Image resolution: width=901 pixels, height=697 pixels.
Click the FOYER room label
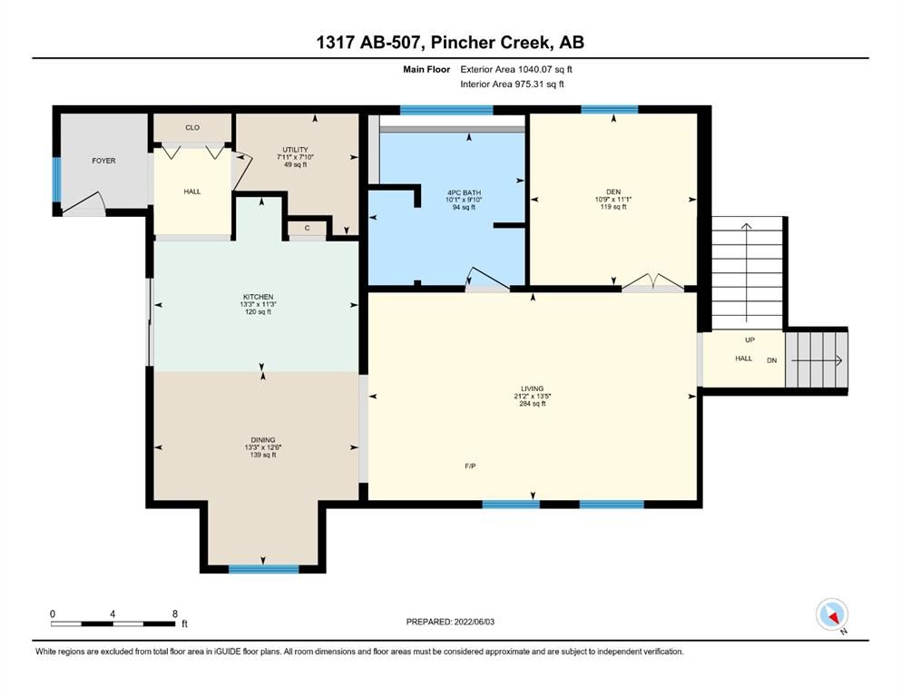(x=103, y=161)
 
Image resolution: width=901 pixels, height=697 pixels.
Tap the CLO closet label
(x=192, y=128)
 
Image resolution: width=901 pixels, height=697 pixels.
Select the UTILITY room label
(x=296, y=150)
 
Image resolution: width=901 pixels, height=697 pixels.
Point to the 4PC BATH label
(x=465, y=193)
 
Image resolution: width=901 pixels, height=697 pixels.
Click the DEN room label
(x=613, y=191)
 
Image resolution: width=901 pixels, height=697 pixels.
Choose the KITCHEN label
(x=258, y=297)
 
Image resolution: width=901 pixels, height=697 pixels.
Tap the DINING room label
(x=262, y=440)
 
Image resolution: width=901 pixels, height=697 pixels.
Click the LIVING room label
(x=532, y=389)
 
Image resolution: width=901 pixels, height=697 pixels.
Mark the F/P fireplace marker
(x=470, y=466)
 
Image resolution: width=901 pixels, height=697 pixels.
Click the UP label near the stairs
(x=749, y=340)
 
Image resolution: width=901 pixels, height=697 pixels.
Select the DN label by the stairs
(x=772, y=361)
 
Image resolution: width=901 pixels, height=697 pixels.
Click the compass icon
(x=831, y=614)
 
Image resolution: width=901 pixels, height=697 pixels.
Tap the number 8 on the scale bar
(x=175, y=614)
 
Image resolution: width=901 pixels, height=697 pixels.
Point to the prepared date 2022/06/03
(x=474, y=622)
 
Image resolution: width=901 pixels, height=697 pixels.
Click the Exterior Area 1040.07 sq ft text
(x=516, y=70)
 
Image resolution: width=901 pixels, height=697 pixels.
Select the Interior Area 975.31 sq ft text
(x=512, y=83)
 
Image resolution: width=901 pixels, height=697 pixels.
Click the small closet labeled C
(x=308, y=228)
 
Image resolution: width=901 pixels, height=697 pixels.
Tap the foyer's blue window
(x=57, y=180)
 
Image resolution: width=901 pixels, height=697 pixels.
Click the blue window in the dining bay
(x=264, y=569)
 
